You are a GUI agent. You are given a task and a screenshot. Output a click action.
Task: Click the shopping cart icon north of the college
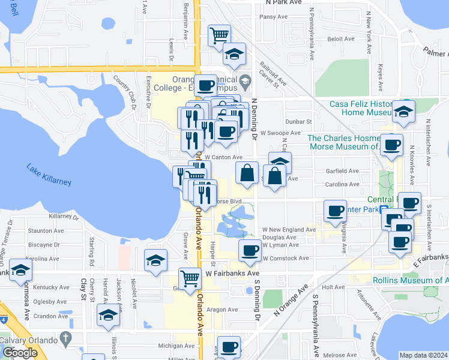[x=219, y=35]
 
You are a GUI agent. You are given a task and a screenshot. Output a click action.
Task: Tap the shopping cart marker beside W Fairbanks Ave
[x=190, y=278]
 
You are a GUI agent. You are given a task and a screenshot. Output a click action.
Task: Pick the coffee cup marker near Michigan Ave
[x=229, y=347]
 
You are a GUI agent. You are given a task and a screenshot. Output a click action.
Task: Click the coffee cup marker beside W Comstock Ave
[x=250, y=250]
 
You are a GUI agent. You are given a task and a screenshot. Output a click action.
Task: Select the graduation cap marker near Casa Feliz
[x=404, y=112]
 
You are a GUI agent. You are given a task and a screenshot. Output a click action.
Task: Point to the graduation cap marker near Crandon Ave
[x=108, y=315]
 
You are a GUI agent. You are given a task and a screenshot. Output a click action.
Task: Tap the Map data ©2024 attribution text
[x=423, y=355]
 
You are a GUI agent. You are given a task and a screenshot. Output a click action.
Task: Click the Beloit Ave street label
[x=340, y=38]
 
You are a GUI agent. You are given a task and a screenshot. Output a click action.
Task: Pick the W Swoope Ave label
[x=280, y=133]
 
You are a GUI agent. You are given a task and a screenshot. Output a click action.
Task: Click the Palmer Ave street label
[x=436, y=52]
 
